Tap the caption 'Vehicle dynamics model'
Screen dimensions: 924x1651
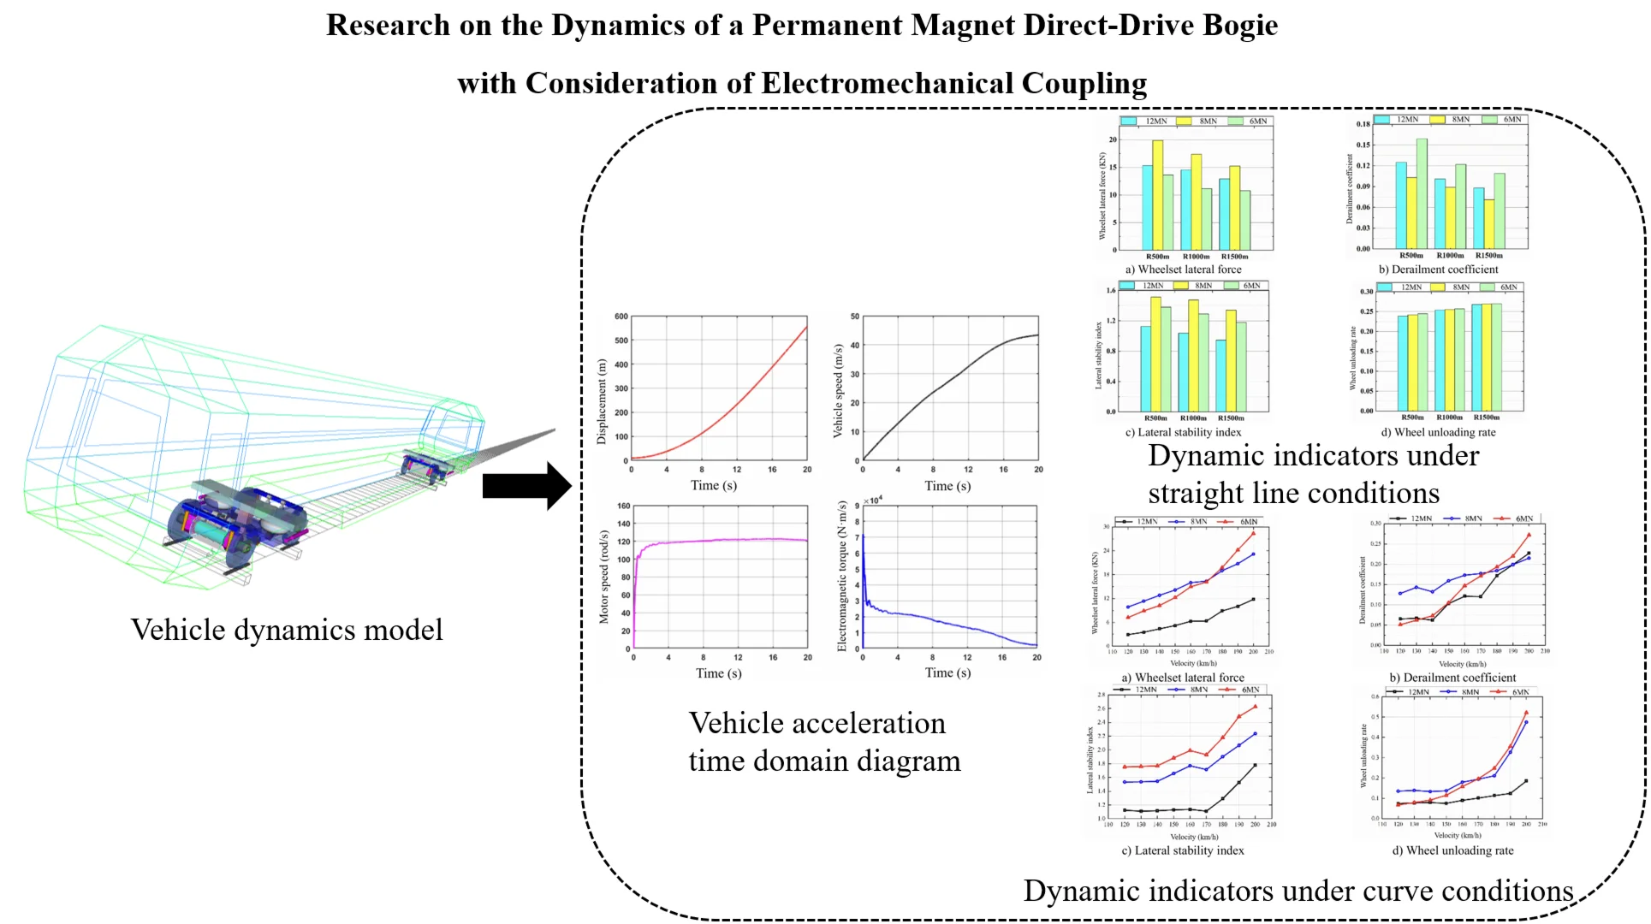[287, 631]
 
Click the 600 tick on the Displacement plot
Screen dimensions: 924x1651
[621, 317]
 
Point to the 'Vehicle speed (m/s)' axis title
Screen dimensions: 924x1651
[838, 391]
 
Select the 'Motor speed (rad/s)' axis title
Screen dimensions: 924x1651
[603, 577]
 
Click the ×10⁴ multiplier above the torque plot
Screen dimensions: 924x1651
[873, 500]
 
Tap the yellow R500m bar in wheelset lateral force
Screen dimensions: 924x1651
[1157, 195]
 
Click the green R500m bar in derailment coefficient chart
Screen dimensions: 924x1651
[1422, 193]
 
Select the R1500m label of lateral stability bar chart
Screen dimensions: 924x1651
[1231, 418]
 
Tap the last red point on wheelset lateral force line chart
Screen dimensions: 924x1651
[1254, 534]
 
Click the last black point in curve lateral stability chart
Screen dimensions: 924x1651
[1255, 765]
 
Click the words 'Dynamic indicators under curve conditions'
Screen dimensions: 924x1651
[1298, 891]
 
